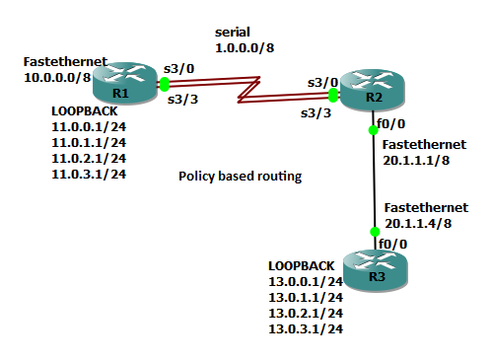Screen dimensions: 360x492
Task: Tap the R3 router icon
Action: coord(377,268)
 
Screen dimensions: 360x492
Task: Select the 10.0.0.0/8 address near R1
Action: coord(57,75)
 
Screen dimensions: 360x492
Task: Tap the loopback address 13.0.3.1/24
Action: coord(306,327)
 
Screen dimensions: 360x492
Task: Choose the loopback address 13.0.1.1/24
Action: coord(306,297)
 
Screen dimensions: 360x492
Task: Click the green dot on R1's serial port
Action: coord(164,86)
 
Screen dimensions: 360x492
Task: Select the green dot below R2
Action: coord(374,128)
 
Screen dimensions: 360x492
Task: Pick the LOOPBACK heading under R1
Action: coord(83,112)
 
